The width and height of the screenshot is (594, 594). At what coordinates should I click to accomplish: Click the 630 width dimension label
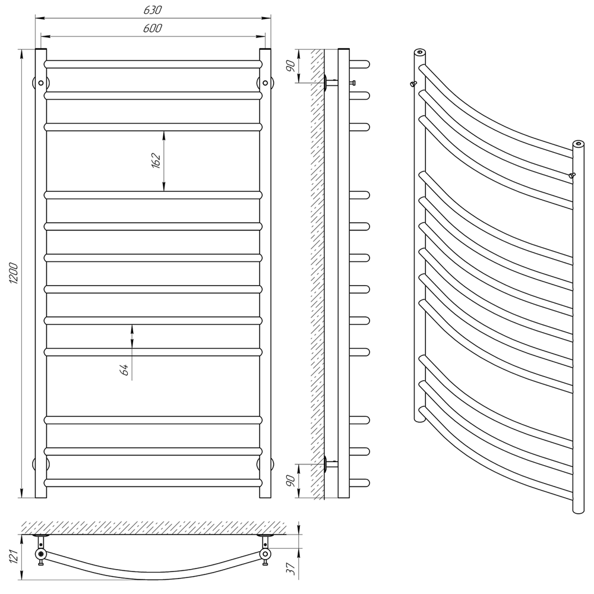click(153, 10)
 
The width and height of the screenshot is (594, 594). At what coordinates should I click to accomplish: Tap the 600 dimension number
click(153, 28)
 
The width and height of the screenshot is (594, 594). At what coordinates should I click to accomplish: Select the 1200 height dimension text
click(14, 273)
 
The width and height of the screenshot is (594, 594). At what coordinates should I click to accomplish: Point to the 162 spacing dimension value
click(156, 160)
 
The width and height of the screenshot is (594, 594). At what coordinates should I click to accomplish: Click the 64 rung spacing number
click(124, 369)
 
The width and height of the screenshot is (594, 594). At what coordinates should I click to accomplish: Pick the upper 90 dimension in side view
click(290, 66)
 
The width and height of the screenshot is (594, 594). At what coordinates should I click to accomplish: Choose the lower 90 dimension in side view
click(290, 481)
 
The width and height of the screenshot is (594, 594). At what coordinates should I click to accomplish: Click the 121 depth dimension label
click(14, 557)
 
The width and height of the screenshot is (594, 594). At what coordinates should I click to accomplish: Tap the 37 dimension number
click(291, 569)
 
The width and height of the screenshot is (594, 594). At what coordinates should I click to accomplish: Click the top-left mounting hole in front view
click(41, 83)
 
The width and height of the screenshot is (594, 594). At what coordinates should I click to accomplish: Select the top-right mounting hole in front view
click(265, 83)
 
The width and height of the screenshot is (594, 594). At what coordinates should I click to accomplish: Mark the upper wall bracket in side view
click(331, 82)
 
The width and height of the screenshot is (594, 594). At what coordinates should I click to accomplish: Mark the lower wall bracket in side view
click(331, 463)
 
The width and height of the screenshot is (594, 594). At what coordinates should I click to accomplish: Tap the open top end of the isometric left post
click(419, 52)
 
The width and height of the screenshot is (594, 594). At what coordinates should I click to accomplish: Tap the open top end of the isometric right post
click(578, 144)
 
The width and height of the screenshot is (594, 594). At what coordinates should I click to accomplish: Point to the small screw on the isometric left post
click(413, 83)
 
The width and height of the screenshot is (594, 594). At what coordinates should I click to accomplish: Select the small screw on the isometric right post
click(571, 175)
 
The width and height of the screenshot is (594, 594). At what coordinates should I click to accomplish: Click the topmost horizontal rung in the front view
click(153, 64)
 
